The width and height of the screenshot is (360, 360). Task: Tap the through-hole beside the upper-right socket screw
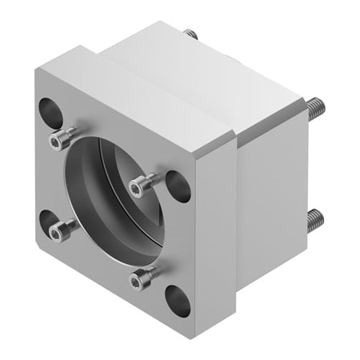pos(178,186)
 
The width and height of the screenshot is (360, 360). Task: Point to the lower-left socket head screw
pos(58,232)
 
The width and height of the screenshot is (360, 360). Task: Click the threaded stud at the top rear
pos(190,34)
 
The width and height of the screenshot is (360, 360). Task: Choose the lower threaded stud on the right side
pos(316,217)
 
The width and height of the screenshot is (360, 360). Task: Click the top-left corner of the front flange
pos(36,70)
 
